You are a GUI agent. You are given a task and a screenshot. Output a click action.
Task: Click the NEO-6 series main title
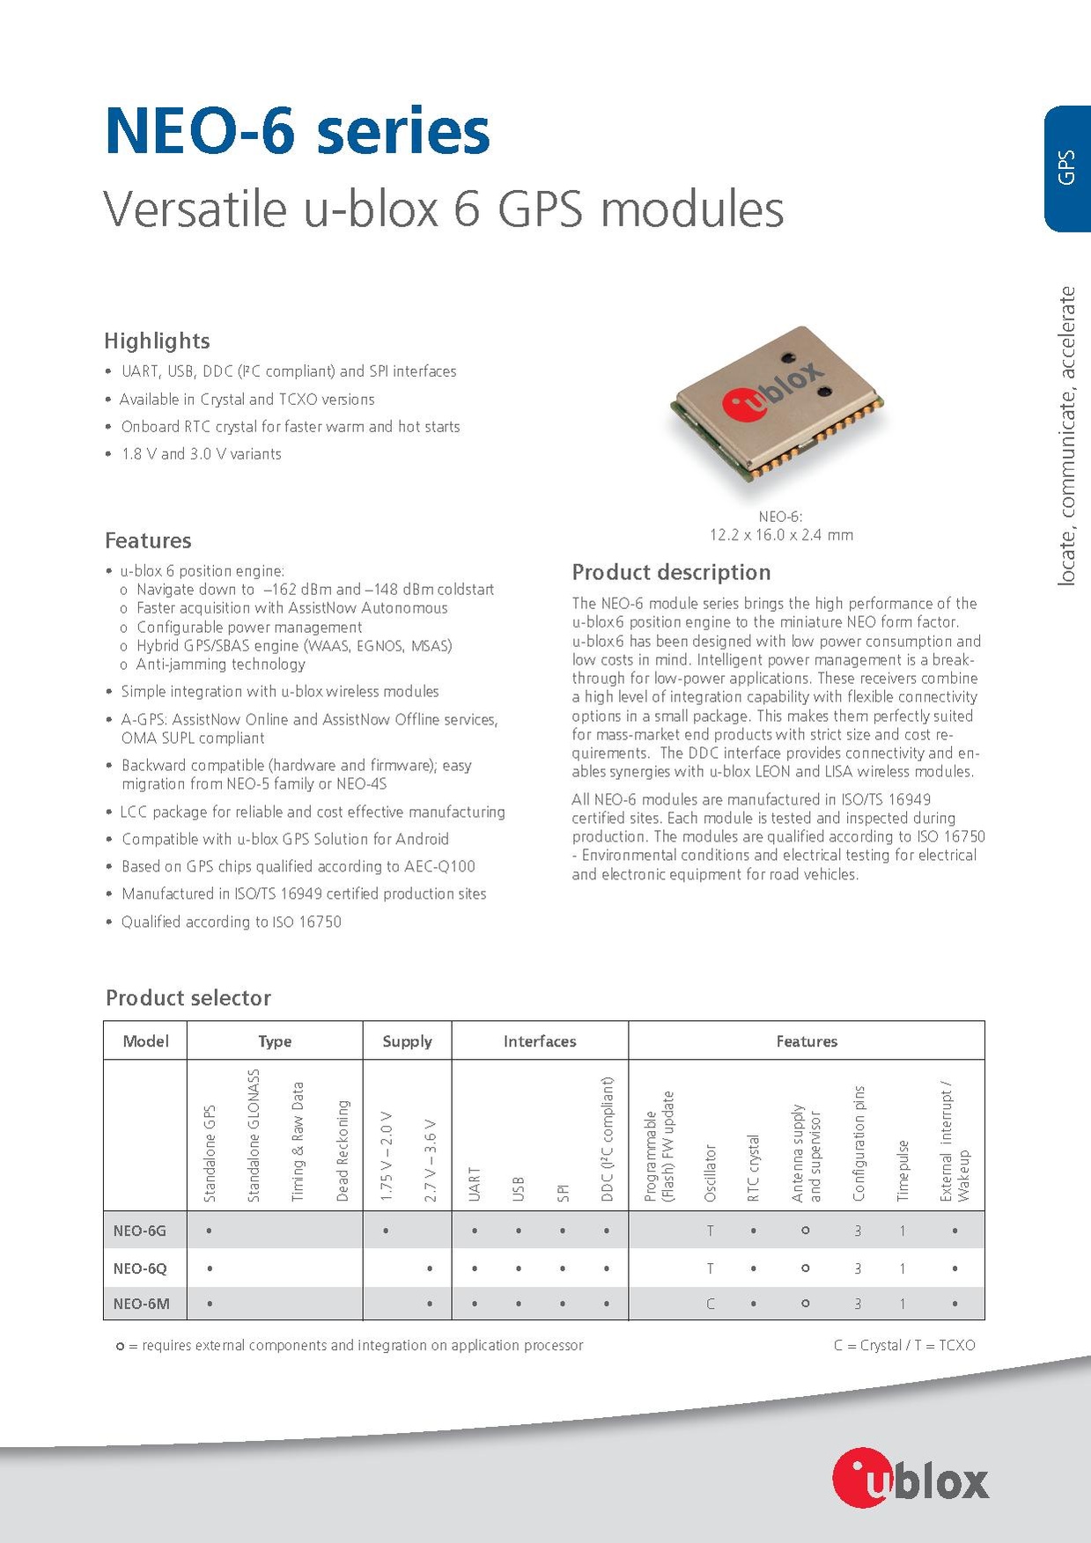[x=297, y=132]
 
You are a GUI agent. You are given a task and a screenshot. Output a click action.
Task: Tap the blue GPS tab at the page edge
[x=1066, y=167]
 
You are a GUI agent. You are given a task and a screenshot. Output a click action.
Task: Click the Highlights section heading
[x=157, y=341]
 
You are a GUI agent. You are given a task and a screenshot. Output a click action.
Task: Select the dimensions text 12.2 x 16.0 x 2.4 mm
[x=781, y=534]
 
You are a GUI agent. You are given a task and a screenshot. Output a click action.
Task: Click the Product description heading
[x=671, y=572]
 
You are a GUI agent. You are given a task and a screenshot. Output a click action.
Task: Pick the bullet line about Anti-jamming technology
[x=220, y=665]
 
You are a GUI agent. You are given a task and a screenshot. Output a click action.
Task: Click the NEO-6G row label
[x=139, y=1231]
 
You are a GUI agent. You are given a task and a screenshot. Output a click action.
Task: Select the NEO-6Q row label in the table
[x=139, y=1268]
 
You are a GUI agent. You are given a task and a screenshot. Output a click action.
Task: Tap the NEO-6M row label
[x=141, y=1304]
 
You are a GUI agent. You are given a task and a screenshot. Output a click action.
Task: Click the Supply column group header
[x=407, y=1041]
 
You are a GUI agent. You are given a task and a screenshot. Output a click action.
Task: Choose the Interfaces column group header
[x=540, y=1041]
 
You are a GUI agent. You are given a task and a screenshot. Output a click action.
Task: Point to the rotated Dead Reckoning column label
[x=343, y=1150]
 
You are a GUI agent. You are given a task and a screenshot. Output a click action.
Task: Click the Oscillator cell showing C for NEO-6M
[x=710, y=1304]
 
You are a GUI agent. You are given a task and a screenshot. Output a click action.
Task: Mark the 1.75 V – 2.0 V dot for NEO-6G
[x=386, y=1231]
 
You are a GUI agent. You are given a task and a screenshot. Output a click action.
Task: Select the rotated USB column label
[x=519, y=1188]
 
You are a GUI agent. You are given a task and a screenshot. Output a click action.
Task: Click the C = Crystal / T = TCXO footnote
[x=904, y=1345]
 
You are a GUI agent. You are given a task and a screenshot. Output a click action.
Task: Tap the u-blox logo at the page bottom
[x=910, y=1480]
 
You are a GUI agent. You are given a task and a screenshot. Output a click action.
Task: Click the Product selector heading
[x=188, y=998]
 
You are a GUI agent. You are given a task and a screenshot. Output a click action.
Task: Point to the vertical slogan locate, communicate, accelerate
[x=1067, y=436]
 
